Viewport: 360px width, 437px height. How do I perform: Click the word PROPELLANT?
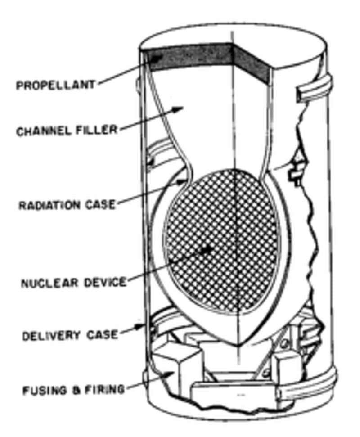pos(55,85)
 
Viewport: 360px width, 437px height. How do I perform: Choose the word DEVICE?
pos(105,283)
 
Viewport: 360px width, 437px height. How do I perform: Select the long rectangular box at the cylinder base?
pos(234,396)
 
